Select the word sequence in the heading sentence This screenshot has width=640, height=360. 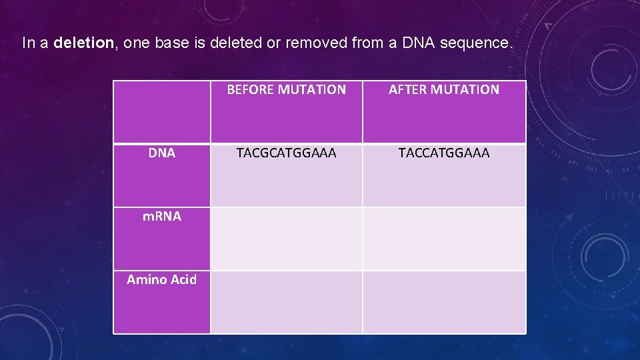[x=479, y=44]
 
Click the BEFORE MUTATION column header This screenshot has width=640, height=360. [x=287, y=89]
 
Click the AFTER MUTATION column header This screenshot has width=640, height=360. [x=444, y=89]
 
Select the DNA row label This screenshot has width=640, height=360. [x=162, y=153]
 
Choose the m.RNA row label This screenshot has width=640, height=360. [x=162, y=216]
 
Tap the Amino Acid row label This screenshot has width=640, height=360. [x=162, y=279]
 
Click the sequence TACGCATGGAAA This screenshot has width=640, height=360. [x=287, y=153]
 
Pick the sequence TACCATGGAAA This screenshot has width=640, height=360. [x=444, y=153]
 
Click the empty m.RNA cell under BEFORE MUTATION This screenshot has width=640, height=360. [x=287, y=239]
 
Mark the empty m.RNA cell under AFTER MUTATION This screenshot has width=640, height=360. [x=444, y=239]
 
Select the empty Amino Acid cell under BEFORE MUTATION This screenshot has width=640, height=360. [x=287, y=302]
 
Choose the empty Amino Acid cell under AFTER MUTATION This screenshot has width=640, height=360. [x=444, y=302]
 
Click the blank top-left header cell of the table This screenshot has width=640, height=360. [x=162, y=111]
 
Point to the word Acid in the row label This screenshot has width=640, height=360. [x=183, y=279]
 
